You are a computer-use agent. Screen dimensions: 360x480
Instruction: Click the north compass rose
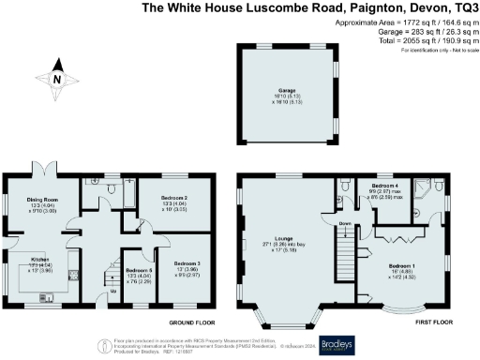click(57, 80)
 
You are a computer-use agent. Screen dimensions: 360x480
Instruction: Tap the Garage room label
click(287, 92)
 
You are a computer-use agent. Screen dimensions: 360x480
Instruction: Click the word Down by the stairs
click(345, 223)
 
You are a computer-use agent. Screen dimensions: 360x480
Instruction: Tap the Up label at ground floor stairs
click(114, 291)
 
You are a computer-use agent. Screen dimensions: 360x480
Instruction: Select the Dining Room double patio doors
click(45, 173)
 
